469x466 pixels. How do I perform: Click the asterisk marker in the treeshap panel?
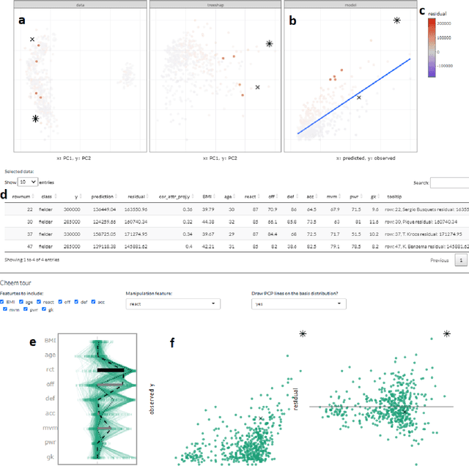[x=270, y=44]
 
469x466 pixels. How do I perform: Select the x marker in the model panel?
[x=359, y=97]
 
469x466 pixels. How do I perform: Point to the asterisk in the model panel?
[x=396, y=21]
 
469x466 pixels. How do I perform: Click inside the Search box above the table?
[x=448, y=182]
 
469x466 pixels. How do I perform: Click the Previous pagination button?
[x=440, y=259]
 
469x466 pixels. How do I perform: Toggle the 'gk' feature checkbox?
[x=42, y=309]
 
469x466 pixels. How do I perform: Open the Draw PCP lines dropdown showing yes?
[x=298, y=303]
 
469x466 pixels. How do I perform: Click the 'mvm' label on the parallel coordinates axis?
[x=49, y=428]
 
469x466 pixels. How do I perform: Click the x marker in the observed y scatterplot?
[x=261, y=418]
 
